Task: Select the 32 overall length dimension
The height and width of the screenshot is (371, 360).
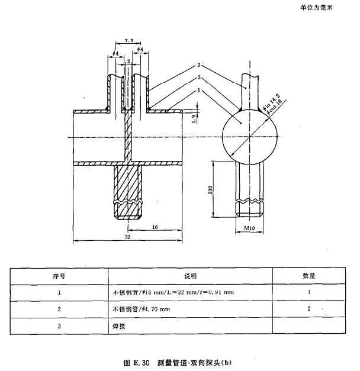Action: coord(128,236)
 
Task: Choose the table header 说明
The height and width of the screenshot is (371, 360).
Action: coord(189,276)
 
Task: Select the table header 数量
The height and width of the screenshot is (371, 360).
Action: coord(308,276)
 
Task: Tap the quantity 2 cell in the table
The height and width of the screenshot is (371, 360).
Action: coord(308,309)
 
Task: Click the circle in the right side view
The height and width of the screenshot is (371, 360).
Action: coord(249,137)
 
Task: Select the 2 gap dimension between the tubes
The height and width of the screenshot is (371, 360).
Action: coord(128,61)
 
